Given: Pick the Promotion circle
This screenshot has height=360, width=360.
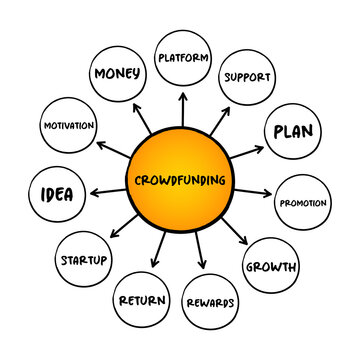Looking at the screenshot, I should (302, 204).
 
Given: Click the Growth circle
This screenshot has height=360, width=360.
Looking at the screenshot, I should (270, 267).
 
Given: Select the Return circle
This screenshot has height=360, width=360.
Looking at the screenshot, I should (142, 299).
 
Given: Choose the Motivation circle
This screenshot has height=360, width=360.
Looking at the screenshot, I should (69, 126).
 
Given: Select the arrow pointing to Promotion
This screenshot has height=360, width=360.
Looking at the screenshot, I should (255, 192).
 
